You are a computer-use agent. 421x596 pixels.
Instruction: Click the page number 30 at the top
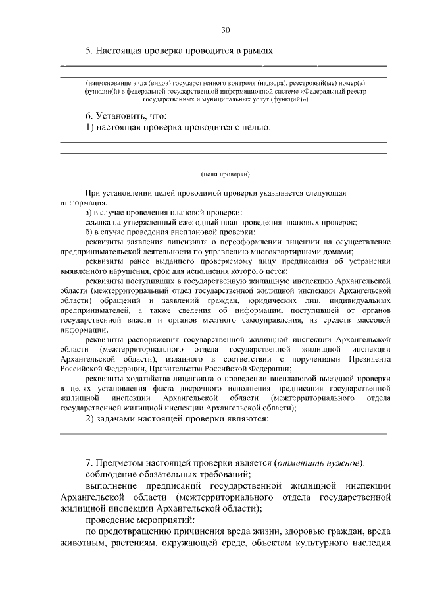tap(226, 30)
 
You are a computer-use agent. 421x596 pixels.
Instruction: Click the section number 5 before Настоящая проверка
tap(89, 50)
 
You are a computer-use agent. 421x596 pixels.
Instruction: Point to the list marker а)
tap(89, 212)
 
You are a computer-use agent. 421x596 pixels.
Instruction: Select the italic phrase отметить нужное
tap(318, 462)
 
